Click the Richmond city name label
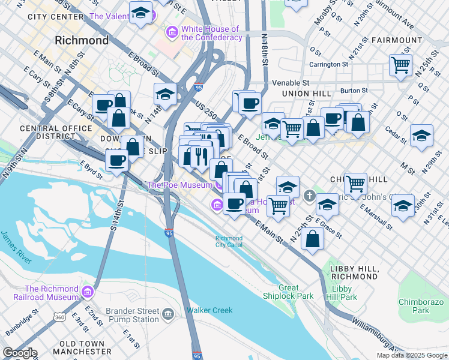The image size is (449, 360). (81, 41)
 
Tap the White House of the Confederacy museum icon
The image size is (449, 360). (172, 31)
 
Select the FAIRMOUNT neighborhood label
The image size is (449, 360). (397, 40)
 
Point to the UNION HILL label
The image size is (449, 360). (307, 94)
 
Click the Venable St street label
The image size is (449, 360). (291, 82)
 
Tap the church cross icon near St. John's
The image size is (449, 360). (309, 196)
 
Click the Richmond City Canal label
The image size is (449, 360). (229, 241)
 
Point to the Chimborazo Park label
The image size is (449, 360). (421, 306)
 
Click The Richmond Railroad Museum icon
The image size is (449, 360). (88, 292)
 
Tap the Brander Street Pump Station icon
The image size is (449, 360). (168, 314)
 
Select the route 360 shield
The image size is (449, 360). (59, 317)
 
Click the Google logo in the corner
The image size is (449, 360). (19, 353)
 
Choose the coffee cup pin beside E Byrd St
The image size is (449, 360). (116, 161)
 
